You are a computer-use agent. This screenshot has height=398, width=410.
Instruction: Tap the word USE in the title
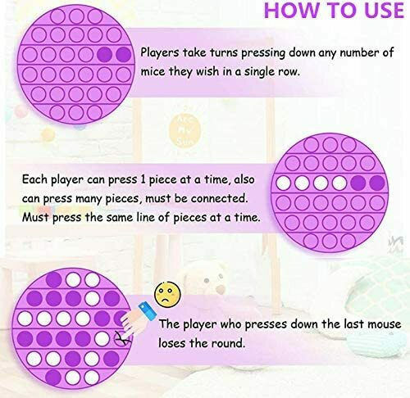[x=380, y=10]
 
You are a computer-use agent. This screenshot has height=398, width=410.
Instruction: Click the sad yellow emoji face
[x=167, y=294]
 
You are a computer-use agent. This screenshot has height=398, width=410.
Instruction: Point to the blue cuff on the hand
[x=148, y=311]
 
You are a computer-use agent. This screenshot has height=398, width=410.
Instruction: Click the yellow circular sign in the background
[x=184, y=130]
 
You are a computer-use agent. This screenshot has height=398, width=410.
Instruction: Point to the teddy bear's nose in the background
[x=220, y=289]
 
